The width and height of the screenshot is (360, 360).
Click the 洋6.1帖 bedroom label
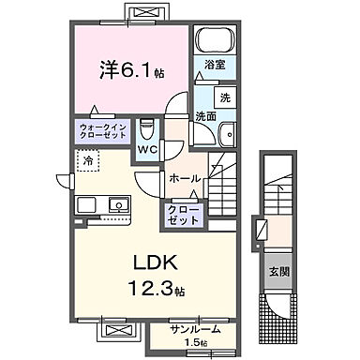coord(130,69)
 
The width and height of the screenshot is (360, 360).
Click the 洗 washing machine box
coord(225,97)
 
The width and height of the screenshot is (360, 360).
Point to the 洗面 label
coord(205,116)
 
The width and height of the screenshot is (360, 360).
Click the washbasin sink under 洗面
coord(224,137)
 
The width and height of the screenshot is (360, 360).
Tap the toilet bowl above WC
coord(145,128)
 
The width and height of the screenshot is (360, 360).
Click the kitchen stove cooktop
coord(83,204)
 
